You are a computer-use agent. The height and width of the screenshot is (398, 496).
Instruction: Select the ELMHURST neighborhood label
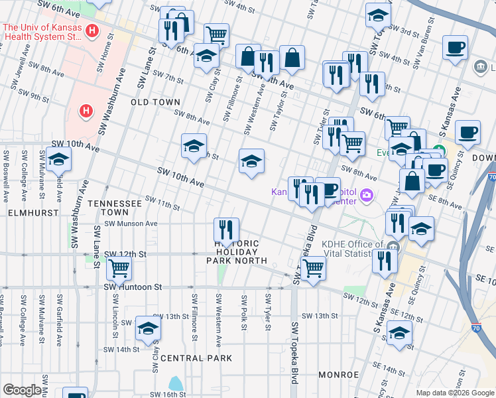click(x=26, y=214)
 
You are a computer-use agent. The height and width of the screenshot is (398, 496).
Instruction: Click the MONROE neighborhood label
click(x=338, y=375)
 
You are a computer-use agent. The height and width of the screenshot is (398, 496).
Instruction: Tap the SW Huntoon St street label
click(x=133, y=287)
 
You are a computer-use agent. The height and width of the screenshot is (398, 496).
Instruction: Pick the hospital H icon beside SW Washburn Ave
click(x=86, y=110)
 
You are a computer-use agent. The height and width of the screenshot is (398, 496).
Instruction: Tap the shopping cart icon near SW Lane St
click(x=119, y=267)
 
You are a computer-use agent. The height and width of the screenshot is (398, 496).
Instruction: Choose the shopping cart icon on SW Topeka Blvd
click(x=312, y=267)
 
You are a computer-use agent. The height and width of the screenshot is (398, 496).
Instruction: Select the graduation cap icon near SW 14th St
click(x=148, y=328)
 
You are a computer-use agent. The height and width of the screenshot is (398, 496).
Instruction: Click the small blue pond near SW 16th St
click(x=175, y=383)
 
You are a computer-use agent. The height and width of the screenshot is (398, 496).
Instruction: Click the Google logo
click(x=22, y=390)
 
